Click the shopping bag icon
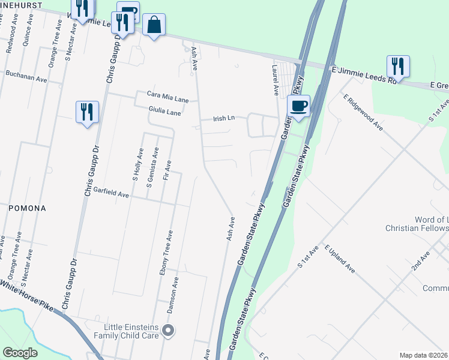pos(154,25)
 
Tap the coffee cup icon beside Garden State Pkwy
pos(298,106)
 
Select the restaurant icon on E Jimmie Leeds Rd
pos(397,65)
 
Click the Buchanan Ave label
pos(26,79)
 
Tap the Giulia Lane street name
pos(165,112)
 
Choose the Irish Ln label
pos(223,119)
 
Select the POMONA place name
pos(27,208)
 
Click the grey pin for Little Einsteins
pos(169,330)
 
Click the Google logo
pos(20,353)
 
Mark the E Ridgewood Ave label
pos(363,111)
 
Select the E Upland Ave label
pos(340,259)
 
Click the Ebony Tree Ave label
pos(165,253)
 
